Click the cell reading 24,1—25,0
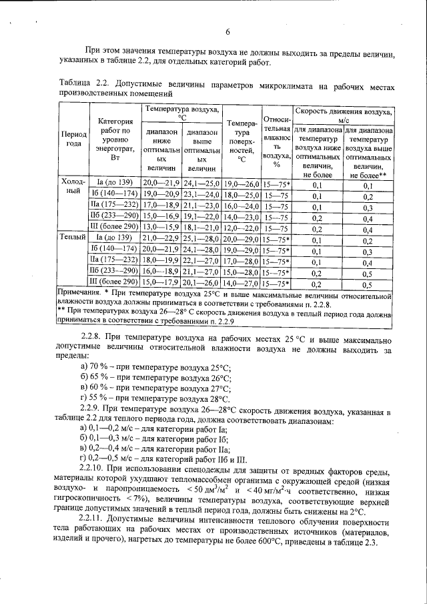pyautogui.click(x=201, y=184)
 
